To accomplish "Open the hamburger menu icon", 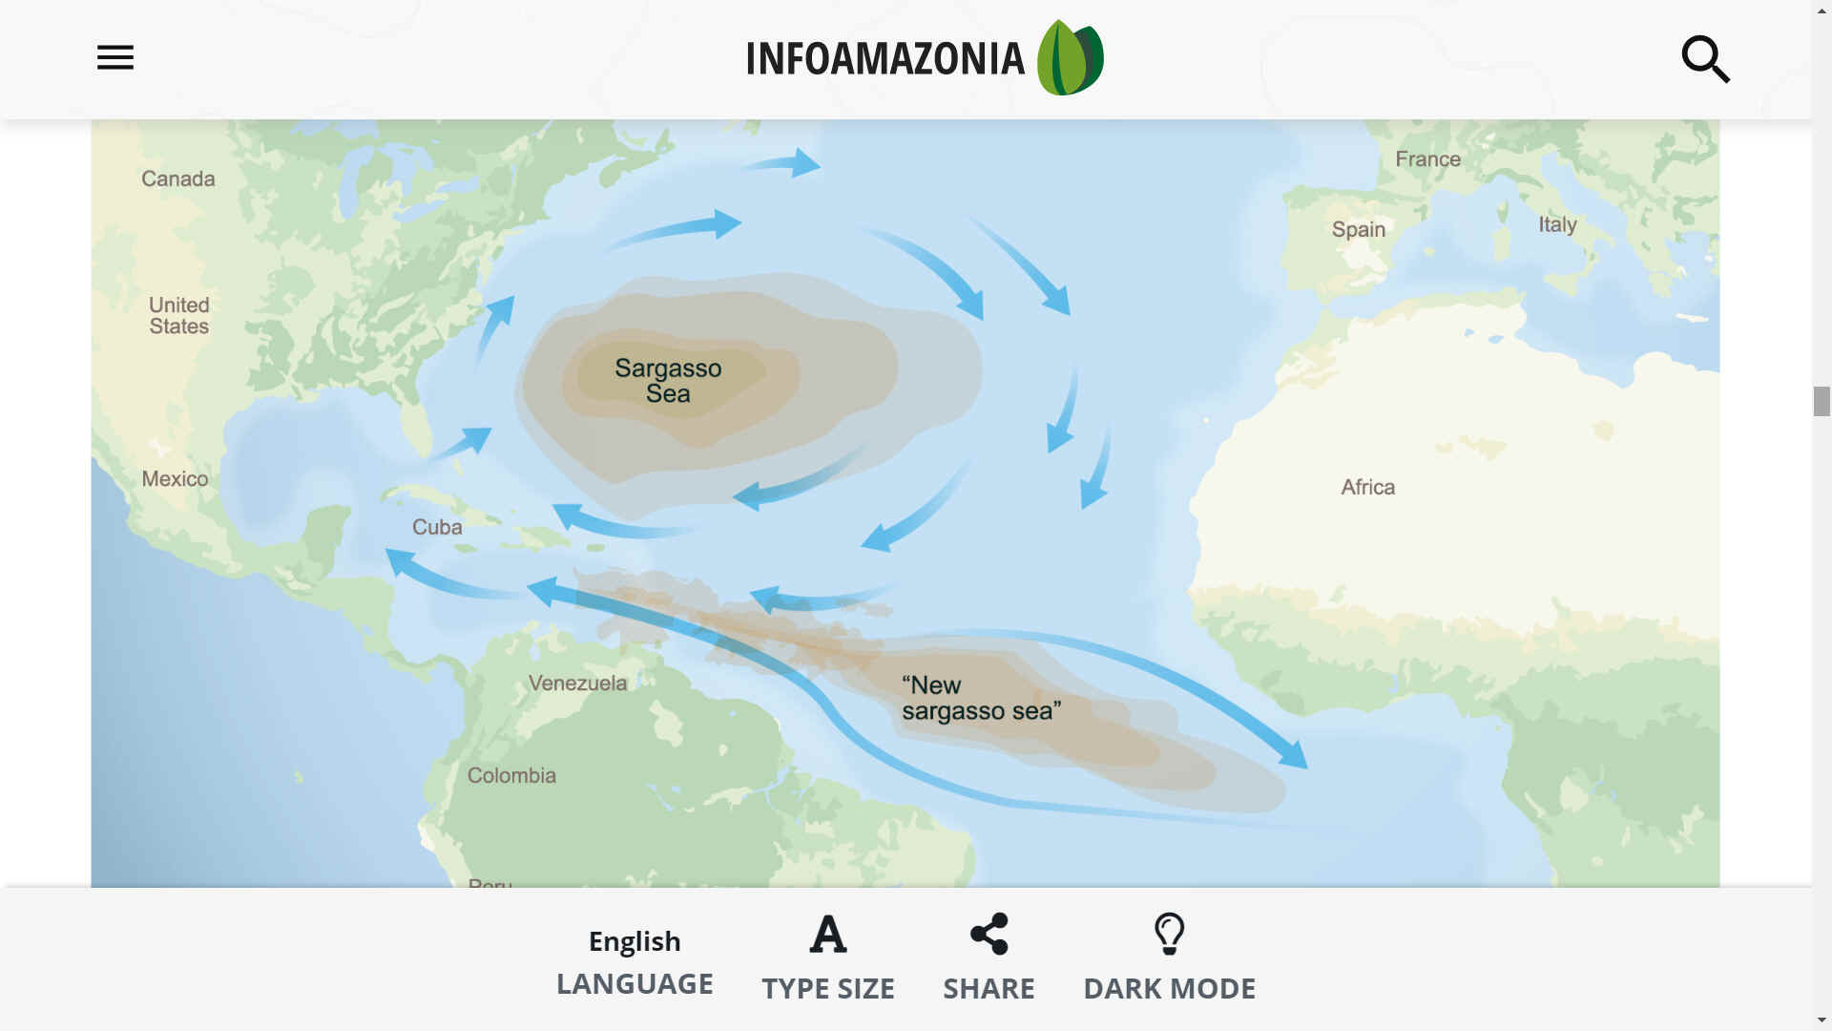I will click(115, 57).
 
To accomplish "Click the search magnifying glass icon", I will click(1705, 59).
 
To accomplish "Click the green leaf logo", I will click(1070, 57).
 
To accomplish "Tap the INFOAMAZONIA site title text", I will click(885, 58).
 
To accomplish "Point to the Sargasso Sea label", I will click(668, 381).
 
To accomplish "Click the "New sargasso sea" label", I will click(980, 698).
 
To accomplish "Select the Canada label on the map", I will click(178, 179).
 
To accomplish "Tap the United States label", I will click(179, 316).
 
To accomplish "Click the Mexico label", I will click(175, 479).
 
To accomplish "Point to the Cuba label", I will click(437, 527).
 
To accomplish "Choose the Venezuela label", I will click(577, 684).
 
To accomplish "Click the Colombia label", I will click(511, 775).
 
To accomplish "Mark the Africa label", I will click(1367, 487).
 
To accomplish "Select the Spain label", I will click(1358, 229).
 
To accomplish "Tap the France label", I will click(1427, 159).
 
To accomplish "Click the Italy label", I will click(1556, 224).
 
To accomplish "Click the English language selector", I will click(635, 941).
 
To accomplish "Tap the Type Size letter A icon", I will click(827, 935).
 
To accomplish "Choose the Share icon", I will click(989, 934).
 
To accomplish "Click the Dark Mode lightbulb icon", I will click(1169, 934).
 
